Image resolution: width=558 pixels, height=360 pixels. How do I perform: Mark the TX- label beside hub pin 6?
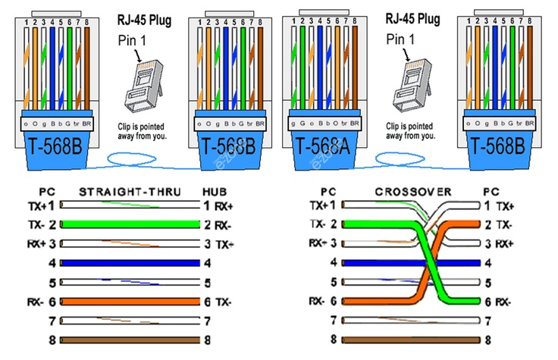point(223,302)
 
